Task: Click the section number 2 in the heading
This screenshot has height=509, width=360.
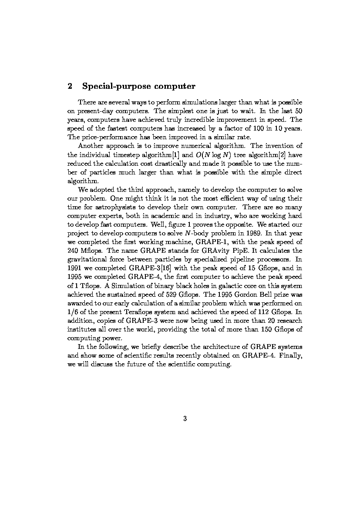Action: click(x=70, y=86)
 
